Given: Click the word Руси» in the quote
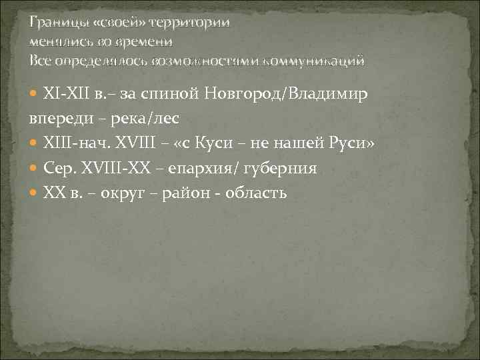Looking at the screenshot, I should click(x=361, y=145).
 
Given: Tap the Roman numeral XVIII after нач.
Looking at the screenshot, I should click(x=135, y=145).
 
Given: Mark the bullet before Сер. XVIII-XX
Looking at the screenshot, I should click(x=35, y=169).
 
